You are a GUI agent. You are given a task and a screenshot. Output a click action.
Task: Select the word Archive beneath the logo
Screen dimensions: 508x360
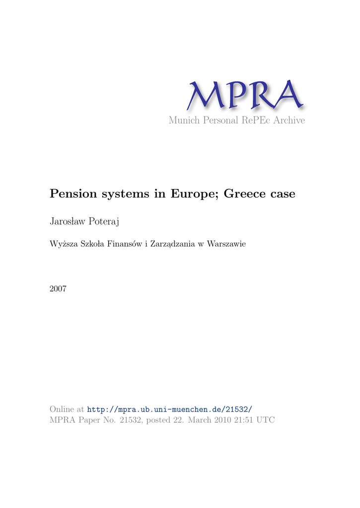(288, 121)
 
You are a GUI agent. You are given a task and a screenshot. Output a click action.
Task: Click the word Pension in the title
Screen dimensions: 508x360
(72, 193)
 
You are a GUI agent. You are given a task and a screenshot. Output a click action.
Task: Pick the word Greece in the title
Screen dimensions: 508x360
(244, 193)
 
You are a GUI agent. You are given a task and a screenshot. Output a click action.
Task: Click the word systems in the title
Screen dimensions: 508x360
(121, 193)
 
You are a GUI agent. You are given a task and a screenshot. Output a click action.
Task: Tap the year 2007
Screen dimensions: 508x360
(58, 288)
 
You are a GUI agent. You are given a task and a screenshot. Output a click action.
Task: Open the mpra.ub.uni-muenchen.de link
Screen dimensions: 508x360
(170, 409)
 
